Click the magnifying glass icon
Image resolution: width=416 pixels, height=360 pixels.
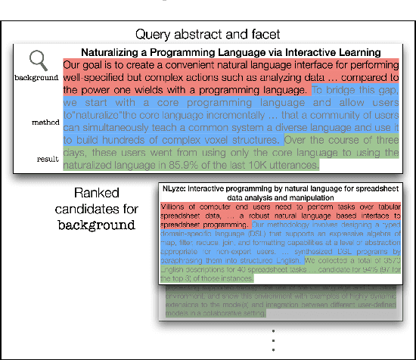pos(39,62)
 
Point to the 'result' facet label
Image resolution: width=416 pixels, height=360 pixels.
pos(48,160)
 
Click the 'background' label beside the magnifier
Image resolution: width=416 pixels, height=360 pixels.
pos(36,79)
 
